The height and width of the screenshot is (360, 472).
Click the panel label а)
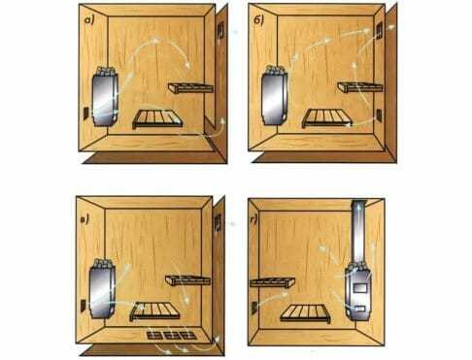88,21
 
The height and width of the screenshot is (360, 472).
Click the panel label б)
258,20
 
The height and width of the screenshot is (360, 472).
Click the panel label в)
84,220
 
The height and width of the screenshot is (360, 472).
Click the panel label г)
254,220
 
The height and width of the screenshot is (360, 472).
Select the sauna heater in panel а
105,96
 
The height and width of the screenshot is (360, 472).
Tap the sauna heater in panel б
274,95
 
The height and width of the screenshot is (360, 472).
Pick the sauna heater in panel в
102,288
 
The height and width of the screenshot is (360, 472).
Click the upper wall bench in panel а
190,88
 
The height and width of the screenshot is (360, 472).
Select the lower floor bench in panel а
157,119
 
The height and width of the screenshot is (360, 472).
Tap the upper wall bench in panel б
360,86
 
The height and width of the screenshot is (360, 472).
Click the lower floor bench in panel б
327,118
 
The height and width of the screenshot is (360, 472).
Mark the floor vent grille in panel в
172,335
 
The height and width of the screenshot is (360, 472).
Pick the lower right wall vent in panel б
379,115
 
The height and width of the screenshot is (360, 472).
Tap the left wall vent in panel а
86,114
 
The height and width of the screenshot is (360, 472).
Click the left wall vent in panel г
254,307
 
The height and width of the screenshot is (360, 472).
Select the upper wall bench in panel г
272,282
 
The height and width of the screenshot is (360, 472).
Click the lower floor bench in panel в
155,311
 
